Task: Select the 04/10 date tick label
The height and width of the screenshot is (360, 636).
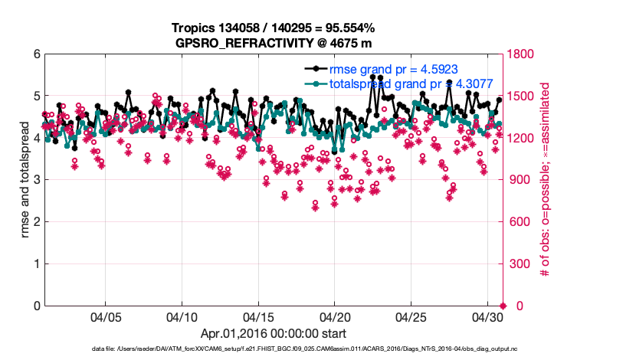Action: pos(182,316)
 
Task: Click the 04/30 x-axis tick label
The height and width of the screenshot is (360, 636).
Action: pos(487,316)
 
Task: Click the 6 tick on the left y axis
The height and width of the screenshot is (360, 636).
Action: pos(36,54)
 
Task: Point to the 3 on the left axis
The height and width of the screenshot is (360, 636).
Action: pos(36,180)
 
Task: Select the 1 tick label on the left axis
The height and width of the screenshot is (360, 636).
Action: pos(36,264)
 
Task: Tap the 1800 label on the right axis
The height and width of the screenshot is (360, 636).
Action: pos(521,54)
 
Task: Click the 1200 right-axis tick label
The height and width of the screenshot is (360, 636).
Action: pos(521,139)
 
